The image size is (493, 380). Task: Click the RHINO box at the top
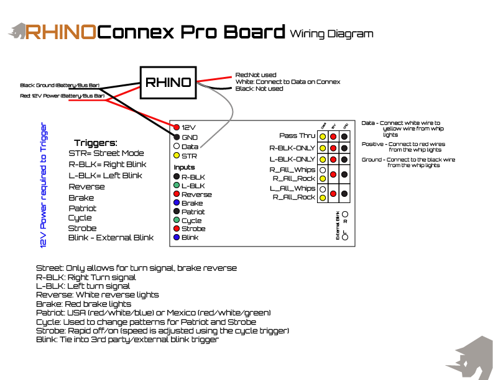pyautogui.click(x=167, y=83)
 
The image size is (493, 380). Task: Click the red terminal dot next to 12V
pyautogui.click(x=177, y=127)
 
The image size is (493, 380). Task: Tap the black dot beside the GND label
pyautogui.click(x=177, y=137)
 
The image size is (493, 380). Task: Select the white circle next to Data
pyautogui.click(x=177, y=147)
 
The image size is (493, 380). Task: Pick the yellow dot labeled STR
pyautogui.click(x=177, y=156)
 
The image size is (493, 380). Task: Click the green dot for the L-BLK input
pyautogui.click(x=177, y=186)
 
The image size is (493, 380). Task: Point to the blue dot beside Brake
pyautogui.click(x=177, y=203)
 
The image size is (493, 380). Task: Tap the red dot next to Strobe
pyautogui.click(x=177, y=229)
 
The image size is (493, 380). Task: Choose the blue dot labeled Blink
pyautogui.click(x=177, y=238)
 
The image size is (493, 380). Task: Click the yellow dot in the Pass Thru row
pyautogui.click(x=323, y=136)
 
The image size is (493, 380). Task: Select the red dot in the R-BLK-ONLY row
pyautogui.click(x=334, y=148)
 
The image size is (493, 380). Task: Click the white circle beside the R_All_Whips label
pyautogui.click(x=323, y=170)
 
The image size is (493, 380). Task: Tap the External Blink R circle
pyautogui.click(x=345, y=214)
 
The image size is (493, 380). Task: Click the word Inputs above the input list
pyautogui.click(x=184, y=168)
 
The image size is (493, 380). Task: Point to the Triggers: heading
pyautogui.click(x=95, y=143)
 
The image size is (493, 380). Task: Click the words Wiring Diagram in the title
pyautogui.click(x=331, y=34)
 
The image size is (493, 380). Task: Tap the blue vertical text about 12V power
pyautogui.click(x=44, y=185)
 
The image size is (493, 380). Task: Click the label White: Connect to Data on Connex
pyautogui.click(x=288, y=82)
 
